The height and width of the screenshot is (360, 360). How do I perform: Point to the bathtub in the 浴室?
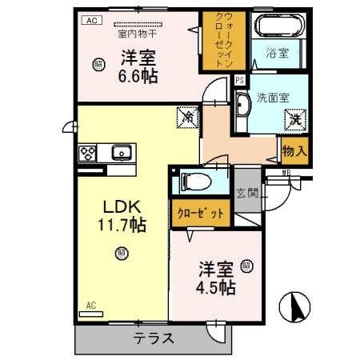pyautogui.click(x=277, y=26)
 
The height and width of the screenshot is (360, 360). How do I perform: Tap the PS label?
pyautogui.click(x=239, y=81)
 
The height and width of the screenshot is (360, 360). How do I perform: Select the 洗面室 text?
pyautogui.click(x=272, y=98)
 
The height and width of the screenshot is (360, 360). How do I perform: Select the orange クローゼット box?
pyautogui.click(x=201, y=214)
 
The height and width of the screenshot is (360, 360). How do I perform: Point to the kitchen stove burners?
pyautogui.click(x=87, y=152)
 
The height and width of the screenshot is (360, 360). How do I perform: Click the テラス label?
pyautogui.click(x=154, y=338)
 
